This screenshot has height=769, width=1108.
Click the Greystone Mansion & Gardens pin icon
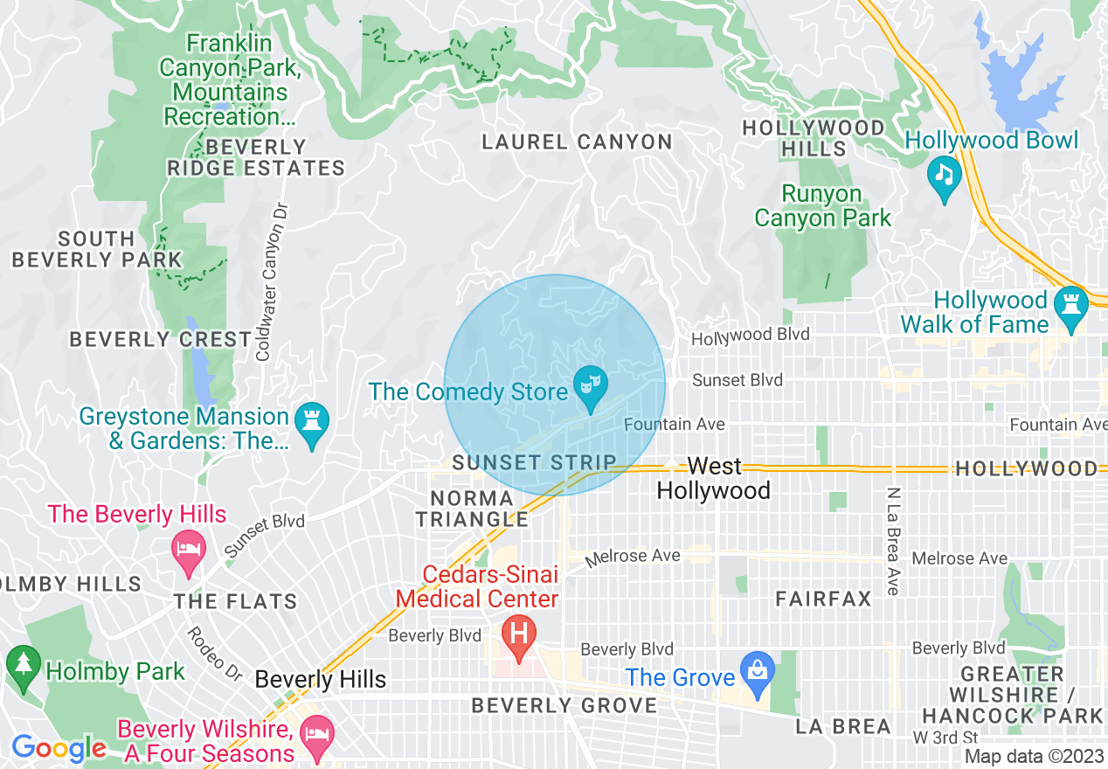tap(312, 423)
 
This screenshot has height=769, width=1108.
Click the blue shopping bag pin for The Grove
tap(757, 671)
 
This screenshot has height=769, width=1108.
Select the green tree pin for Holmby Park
tap(23, 664)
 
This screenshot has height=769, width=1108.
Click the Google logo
tap(59, 748)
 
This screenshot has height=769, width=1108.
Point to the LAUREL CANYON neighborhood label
tap(578, 142)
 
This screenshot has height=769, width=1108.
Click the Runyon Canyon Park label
tap(822, 205)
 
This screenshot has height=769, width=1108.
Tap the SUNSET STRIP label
tap(534, 461)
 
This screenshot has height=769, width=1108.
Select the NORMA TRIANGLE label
tap(472, 509)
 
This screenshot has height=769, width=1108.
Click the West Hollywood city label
tap(713, 478)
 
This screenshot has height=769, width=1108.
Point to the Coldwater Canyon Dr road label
tap(274, 281)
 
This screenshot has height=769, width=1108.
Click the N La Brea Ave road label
tap(891, 542)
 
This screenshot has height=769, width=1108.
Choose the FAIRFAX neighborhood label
tap(824, 599)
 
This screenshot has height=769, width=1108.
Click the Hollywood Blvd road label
tap(751, 335)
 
